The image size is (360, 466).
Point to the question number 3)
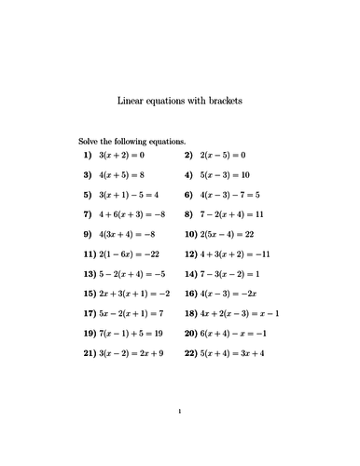(x=87, y=174)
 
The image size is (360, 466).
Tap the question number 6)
(x=189, y=195)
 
